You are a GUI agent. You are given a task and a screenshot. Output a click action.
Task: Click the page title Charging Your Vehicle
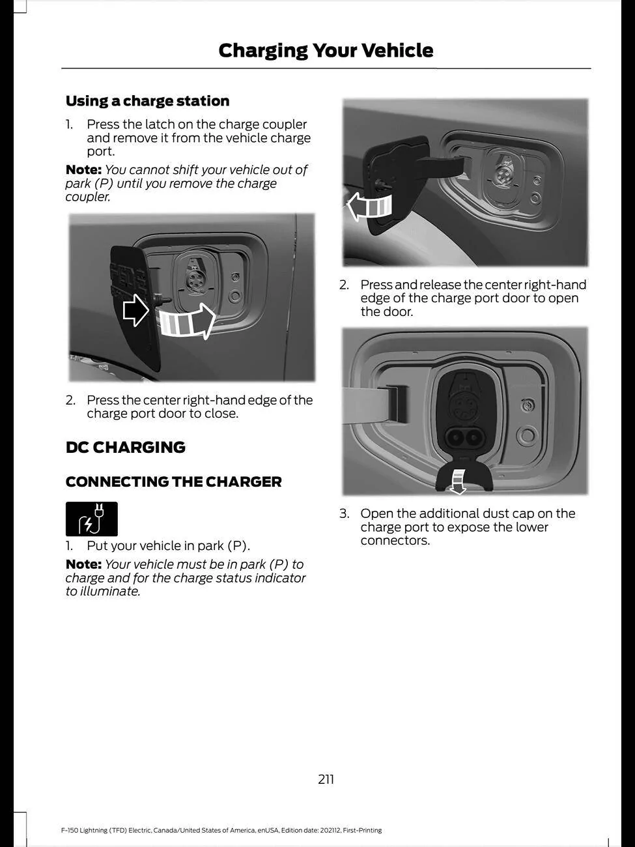click(326, 50)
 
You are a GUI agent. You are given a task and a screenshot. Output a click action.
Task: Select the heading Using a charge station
click(147, 101)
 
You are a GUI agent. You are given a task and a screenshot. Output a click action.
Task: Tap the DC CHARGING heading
click(125, 448)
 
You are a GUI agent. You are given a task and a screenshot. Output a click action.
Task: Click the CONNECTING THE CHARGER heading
click(173, 482)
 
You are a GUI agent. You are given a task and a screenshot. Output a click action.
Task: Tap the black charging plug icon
click(91, 519)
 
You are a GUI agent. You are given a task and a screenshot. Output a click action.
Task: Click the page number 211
click(326, 779)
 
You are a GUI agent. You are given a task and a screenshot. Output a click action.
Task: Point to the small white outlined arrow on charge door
click(135, 310)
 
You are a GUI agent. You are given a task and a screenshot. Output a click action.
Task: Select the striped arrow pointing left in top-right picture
click(369, 207)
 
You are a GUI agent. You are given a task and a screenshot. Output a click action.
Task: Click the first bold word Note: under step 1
click(83, 170)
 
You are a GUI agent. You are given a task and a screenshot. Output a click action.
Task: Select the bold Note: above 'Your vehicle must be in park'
click(83, 565)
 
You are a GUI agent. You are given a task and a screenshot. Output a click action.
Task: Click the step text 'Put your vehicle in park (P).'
click(168, 546)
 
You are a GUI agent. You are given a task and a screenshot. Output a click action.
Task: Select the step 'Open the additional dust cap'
click(467, 514)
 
